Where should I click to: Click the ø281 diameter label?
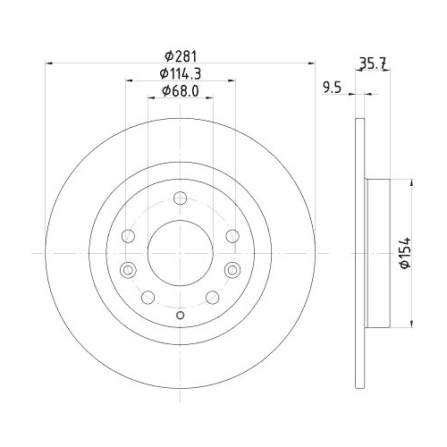[181, 55]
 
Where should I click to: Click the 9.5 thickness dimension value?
[333, 88]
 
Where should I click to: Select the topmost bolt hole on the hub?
[180, 198]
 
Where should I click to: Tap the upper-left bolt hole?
[127, 236]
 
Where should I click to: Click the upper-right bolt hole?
[232, 236]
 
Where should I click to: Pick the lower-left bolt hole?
[148, 297]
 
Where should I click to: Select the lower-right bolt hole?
[212, 297]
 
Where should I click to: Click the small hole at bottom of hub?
[180, 314]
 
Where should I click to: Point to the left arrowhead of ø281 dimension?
[48, 63]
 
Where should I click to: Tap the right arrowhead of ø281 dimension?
[312, 63]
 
